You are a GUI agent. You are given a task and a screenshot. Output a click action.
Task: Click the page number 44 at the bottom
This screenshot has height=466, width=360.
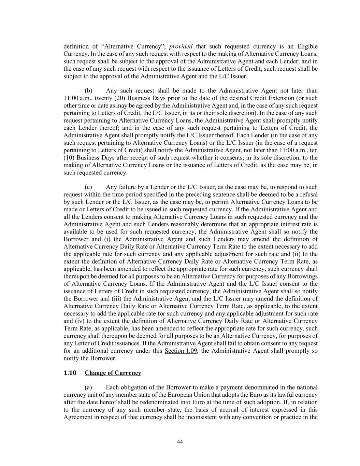point(180,442)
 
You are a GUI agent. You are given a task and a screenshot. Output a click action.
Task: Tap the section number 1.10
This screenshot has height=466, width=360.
point(70,373)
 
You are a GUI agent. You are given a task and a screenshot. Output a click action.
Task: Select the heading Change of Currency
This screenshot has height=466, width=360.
point(113,373)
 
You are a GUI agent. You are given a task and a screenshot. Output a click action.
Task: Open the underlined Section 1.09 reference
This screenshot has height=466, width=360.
point(181,351)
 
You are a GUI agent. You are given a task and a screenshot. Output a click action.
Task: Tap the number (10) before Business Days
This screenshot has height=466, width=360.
point(69,158)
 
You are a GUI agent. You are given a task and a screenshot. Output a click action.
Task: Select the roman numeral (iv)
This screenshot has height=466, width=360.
point(78,321)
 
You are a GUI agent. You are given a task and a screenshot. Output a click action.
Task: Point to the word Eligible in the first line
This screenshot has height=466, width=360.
point(307,46)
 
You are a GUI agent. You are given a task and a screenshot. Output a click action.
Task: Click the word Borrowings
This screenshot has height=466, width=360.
point(301,276)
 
